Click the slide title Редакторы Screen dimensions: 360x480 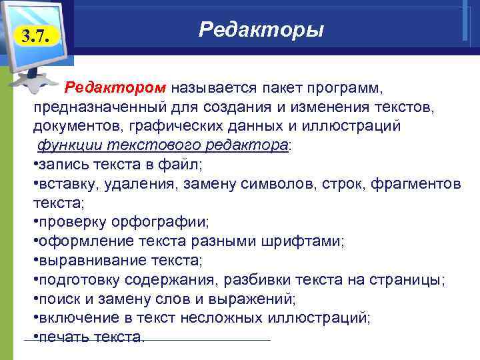[x=261, y=30]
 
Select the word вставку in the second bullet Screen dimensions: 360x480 [x=63, y=183]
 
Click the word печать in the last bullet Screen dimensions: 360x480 [x=62, y=336]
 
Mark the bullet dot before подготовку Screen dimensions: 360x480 [x=35, y=279]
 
